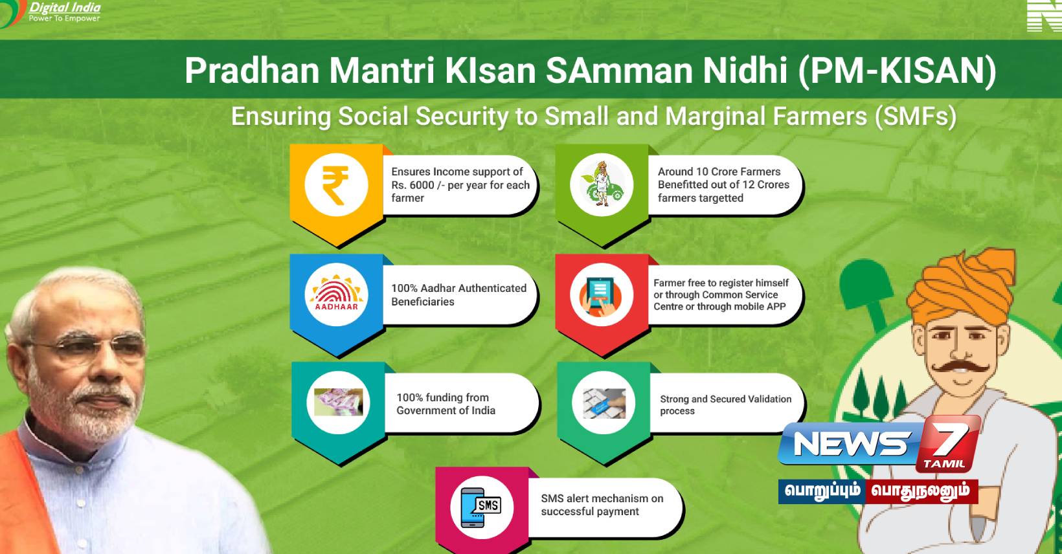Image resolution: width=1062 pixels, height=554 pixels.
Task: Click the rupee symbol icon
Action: pyautogui.click(x=335, y=185)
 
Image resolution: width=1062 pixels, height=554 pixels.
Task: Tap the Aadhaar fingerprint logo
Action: pyautogui.click(x=337, y=294)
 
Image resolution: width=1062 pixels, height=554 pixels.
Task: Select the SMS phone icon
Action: pyautogui.click(x=480, y=507)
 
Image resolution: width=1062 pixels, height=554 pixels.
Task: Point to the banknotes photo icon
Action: pyautogui.click(x=339, y=403)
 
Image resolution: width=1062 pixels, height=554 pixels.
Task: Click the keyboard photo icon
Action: pyautogui.click(x=604, y=403)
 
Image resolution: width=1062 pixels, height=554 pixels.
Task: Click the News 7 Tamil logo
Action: pyautogui.click(x=879, y=443)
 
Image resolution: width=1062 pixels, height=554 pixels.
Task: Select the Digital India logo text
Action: pyautogui.click(x=65, y=12)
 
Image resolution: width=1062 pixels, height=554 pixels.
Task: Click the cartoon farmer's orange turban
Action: pyautogui.click(x=962, y=287)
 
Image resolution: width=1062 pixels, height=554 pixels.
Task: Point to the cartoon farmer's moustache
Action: pyautogui.click(x=960, y=366)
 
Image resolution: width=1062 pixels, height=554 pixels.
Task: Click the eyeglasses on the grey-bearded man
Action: pyautogui.click(x=87, y=348)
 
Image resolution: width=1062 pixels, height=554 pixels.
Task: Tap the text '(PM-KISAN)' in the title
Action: pyautogui.click(x=898, y=71)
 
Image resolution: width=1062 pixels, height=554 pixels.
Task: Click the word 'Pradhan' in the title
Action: pyautogui.click(x=253, y=71)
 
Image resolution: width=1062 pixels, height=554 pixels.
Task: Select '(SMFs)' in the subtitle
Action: pyautogui.click(x=916, y=116)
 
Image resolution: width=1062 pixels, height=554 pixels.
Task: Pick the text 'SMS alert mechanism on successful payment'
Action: pyautogui.click(x=602, y=505)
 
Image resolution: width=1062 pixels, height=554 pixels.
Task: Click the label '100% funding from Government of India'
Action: pyautogui.click(x=446, y=404)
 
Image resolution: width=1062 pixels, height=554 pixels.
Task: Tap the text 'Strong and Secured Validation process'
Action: pyautogui.click(x=725, y=404)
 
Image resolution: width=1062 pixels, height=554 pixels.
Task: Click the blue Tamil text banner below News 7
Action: pyautogui.click(x=822, y=491)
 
